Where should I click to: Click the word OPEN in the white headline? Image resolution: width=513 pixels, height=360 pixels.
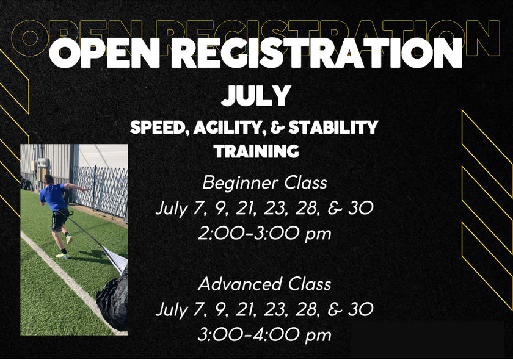104,53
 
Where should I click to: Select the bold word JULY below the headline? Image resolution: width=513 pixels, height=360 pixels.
256,95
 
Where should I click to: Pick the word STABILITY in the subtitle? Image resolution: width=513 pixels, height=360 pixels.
333,128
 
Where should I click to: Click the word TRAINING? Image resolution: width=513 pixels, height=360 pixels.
256,151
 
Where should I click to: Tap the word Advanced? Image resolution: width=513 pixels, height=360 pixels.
240,284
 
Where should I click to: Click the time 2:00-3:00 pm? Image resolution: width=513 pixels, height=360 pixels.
264,234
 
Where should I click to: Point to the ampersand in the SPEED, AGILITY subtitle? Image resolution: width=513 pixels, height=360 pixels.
278,128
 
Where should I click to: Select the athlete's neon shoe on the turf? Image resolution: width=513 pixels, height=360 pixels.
62,256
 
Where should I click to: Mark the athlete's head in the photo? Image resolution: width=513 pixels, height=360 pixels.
48,179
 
